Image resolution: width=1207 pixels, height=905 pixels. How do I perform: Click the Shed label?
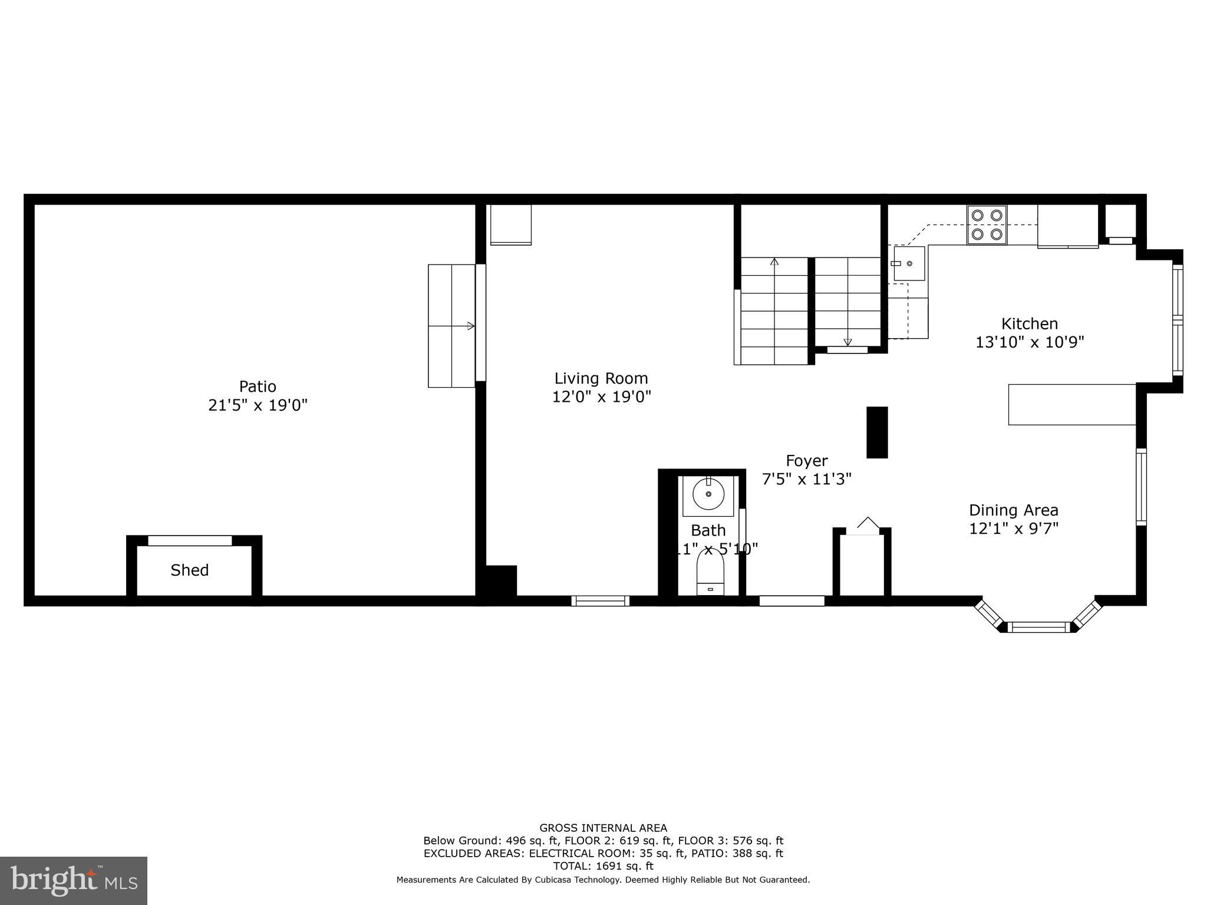[189, 570]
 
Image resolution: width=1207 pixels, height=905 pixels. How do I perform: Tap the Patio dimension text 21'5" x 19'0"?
[258, 405]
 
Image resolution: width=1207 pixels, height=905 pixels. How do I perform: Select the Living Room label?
[601, 378]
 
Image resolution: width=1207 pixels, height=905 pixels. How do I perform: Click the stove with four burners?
[987, 224]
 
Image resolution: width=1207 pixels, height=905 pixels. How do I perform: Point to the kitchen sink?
[909, 263]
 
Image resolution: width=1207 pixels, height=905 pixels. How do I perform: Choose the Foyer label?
[806, 461]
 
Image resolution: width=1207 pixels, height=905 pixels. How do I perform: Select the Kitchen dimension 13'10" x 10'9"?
[1030, 342]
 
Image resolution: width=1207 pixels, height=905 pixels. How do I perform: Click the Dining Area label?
[1013, 510]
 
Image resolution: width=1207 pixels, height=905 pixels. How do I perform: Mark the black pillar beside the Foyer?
[876, 432]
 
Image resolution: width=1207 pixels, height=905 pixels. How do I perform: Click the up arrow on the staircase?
[774, 262]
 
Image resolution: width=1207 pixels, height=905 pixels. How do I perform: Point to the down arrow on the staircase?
[847, 342]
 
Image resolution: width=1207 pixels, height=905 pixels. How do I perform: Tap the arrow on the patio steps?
[470, 326]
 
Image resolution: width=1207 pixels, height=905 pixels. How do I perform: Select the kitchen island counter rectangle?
[1071, 404]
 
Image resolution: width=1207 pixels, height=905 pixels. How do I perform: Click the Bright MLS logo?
[73, 880]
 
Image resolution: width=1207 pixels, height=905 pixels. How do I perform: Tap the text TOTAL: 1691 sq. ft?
[603, 866]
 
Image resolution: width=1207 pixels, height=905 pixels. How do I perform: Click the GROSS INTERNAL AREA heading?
[603, 828]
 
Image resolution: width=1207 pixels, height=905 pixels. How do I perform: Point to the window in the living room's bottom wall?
[600, 601]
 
